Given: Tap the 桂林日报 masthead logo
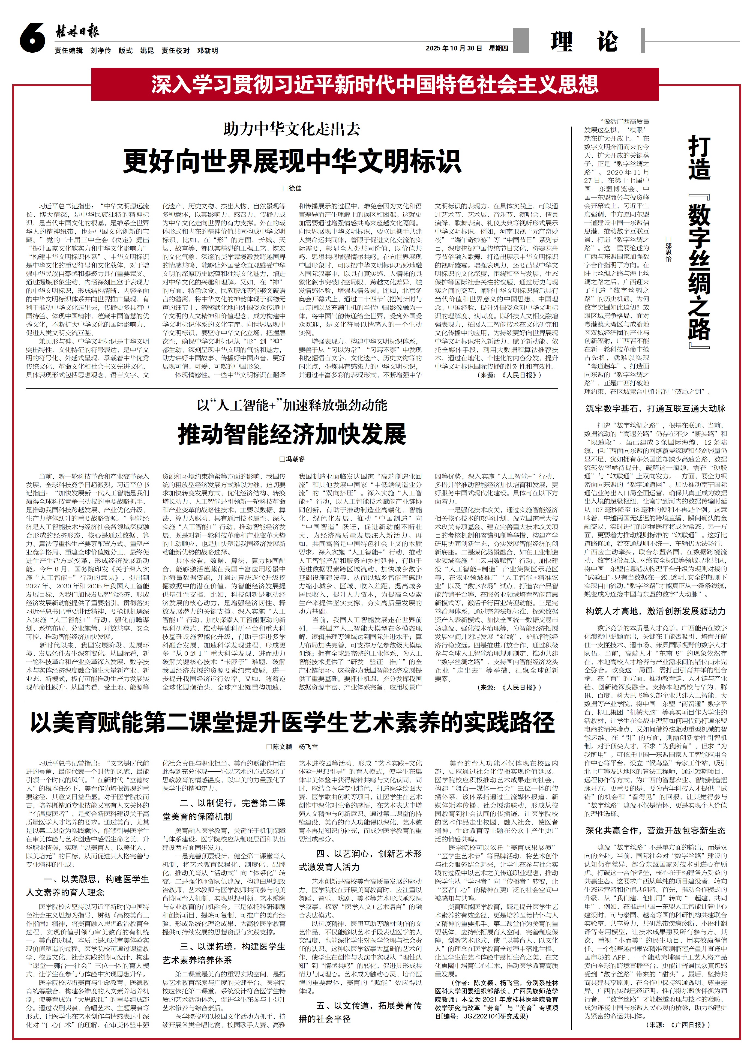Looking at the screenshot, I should click(77, 32).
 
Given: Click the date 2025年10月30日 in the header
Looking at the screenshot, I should click(454, 48).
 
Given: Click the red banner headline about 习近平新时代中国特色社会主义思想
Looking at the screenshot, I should click(375, 84).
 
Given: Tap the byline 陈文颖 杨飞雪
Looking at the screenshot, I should click(292, 747).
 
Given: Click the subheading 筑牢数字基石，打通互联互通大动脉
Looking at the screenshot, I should click(655, 409).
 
